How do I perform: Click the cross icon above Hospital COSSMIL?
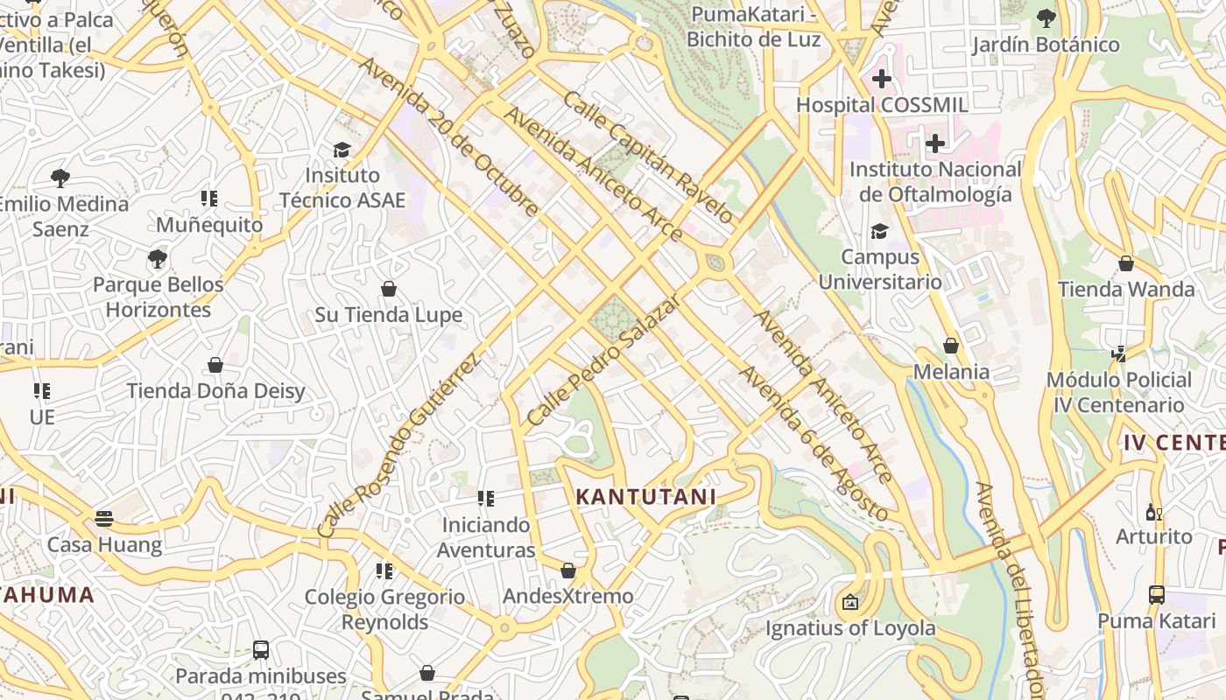881,79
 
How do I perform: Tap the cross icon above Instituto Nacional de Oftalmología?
935,143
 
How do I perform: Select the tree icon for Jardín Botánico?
1046,17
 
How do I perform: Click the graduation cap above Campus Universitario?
879,231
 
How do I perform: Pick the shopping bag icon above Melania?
951,346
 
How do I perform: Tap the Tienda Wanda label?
1126,289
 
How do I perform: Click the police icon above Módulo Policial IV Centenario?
1118,353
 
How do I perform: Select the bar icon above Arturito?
1153,512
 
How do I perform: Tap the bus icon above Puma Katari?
1156,595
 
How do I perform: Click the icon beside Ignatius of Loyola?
849,602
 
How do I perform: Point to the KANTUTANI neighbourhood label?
645,497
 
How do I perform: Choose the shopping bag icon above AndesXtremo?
568,570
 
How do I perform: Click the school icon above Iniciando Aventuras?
485,499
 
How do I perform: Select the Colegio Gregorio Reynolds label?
384,609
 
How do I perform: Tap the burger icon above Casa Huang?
104,518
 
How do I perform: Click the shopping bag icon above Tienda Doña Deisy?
215,364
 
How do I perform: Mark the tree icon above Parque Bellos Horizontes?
158,259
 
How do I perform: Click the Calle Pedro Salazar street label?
603,360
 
